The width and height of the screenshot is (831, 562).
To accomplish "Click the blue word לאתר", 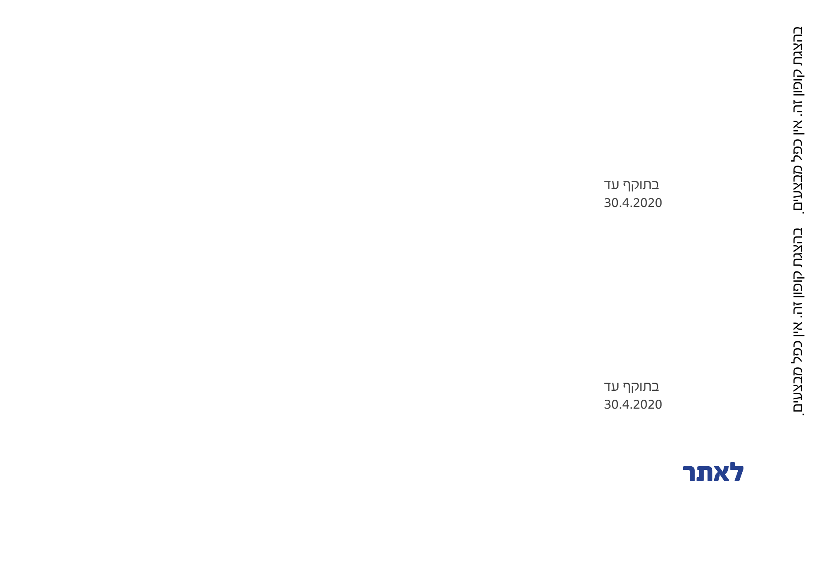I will point(713,473).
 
